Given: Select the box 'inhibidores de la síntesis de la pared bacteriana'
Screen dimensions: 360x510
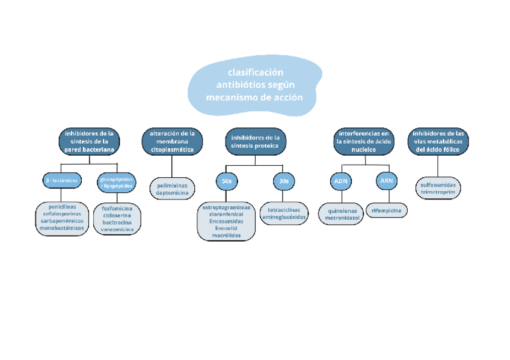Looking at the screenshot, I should [x=89, y=141].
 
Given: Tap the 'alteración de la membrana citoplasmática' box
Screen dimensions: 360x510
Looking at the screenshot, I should [x=173, y=141].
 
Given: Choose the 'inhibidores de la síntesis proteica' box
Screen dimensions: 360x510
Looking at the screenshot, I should [x=255, y=141].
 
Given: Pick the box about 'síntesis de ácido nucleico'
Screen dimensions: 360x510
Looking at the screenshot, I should [x=364, y=141].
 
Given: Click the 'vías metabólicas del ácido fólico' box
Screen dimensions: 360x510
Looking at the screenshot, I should [x=438, y=141].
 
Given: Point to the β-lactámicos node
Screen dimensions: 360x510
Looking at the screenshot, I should [x=61, y=180].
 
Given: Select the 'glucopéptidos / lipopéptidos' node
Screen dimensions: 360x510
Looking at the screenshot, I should [x=117, y=182].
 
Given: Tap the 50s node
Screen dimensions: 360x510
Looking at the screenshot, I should [x=226, y=180].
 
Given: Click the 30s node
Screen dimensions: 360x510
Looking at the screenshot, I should [x=283, y=180].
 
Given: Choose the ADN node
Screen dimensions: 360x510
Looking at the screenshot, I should [x=341, y=180].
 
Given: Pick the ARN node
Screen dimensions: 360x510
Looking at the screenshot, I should [x=386, y=180].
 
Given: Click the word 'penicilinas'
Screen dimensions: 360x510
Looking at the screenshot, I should [x=61, y=207].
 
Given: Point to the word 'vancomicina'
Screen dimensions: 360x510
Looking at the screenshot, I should [x=118, y=230].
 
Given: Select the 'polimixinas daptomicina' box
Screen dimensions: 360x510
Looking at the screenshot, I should [x=172, y=189].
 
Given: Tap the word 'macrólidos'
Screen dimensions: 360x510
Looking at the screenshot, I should [x=226, y=236].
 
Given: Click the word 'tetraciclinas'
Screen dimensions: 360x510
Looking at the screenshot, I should [x=284, y=210].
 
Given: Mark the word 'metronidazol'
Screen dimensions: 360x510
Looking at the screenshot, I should [x=342, y=219].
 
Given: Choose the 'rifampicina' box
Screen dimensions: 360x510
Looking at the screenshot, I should [x=387, y=210].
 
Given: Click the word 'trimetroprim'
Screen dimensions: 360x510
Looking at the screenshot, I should [x=438, y=192].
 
